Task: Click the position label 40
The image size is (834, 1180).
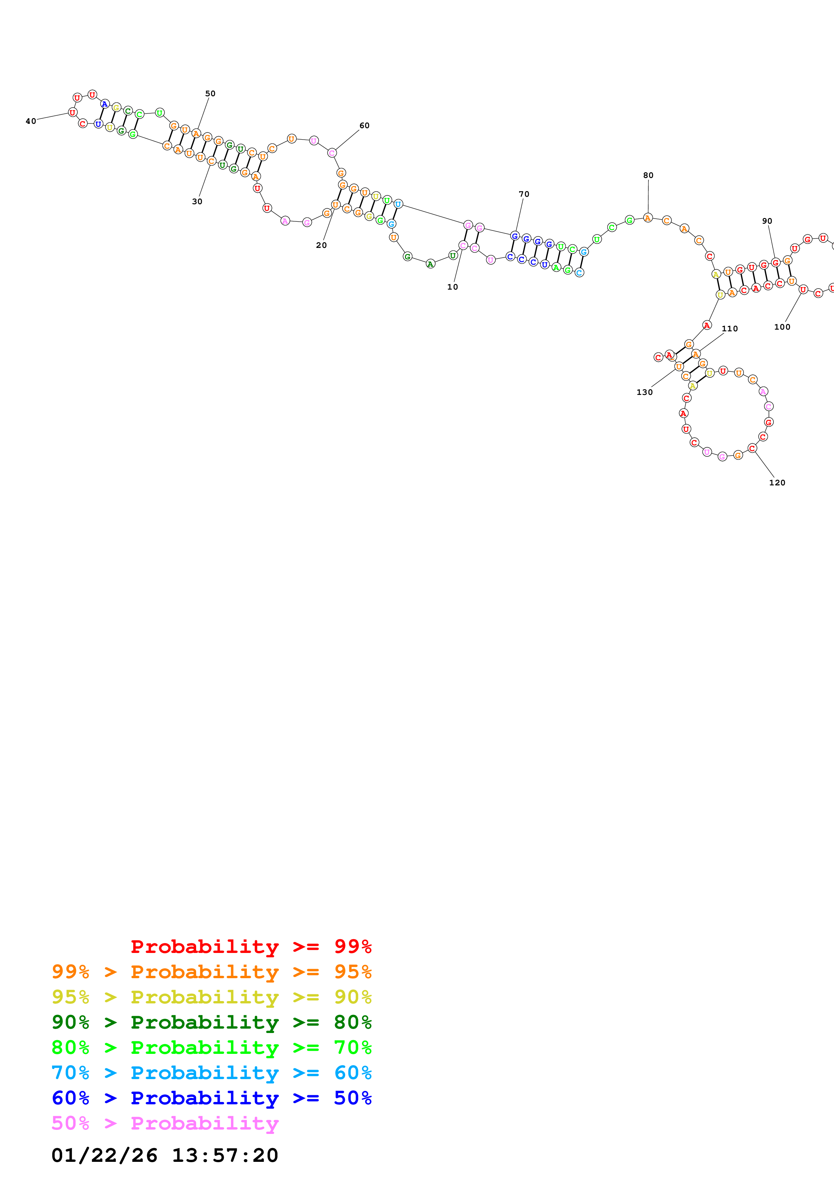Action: click(31, 121)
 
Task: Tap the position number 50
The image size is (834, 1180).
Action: click(210, 94)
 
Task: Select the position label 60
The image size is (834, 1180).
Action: click(364, 125)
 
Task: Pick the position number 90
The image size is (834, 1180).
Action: click(767, 221)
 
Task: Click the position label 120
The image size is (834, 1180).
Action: click(776, 483)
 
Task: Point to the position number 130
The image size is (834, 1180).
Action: click(644, 392)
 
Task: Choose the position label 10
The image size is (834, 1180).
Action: click(452, 287)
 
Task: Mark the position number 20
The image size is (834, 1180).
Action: click(321, 245)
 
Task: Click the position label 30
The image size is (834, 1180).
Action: click(197, 201)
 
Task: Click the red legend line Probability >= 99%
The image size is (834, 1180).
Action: click(251, 947)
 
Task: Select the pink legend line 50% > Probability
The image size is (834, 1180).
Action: click(165, 1123)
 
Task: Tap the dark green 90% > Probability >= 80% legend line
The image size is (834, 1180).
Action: click(211, 1023)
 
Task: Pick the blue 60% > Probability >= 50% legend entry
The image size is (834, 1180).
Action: click(211, 1098)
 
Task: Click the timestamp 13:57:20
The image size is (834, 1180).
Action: click(224, 1155)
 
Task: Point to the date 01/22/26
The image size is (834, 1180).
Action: click(104, 1155)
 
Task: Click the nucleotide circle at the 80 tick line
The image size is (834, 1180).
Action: click(648, 218)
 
